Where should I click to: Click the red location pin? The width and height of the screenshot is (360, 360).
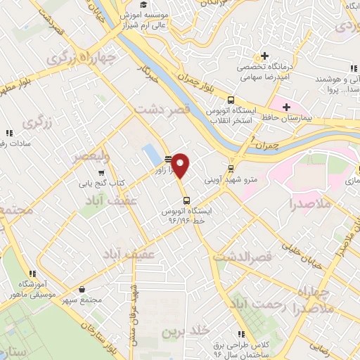pos(181,165)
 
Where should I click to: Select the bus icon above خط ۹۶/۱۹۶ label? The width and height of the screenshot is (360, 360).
pos(186,199)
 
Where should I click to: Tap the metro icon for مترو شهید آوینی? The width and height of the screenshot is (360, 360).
pos(231,169)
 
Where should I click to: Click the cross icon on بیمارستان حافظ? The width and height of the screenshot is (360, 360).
pos(285,107)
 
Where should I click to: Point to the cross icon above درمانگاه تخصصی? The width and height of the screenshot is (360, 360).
pos(264,56)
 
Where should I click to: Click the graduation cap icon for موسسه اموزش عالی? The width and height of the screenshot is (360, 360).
pos(143,4)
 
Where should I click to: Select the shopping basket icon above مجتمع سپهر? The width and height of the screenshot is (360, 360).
pos(83,288)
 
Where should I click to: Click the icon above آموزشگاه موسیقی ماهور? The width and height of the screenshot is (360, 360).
pos(31,274)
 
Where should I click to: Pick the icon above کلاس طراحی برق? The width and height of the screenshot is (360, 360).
pos(241,334)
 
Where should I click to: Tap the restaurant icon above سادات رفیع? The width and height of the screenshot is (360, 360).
pos(9,132)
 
